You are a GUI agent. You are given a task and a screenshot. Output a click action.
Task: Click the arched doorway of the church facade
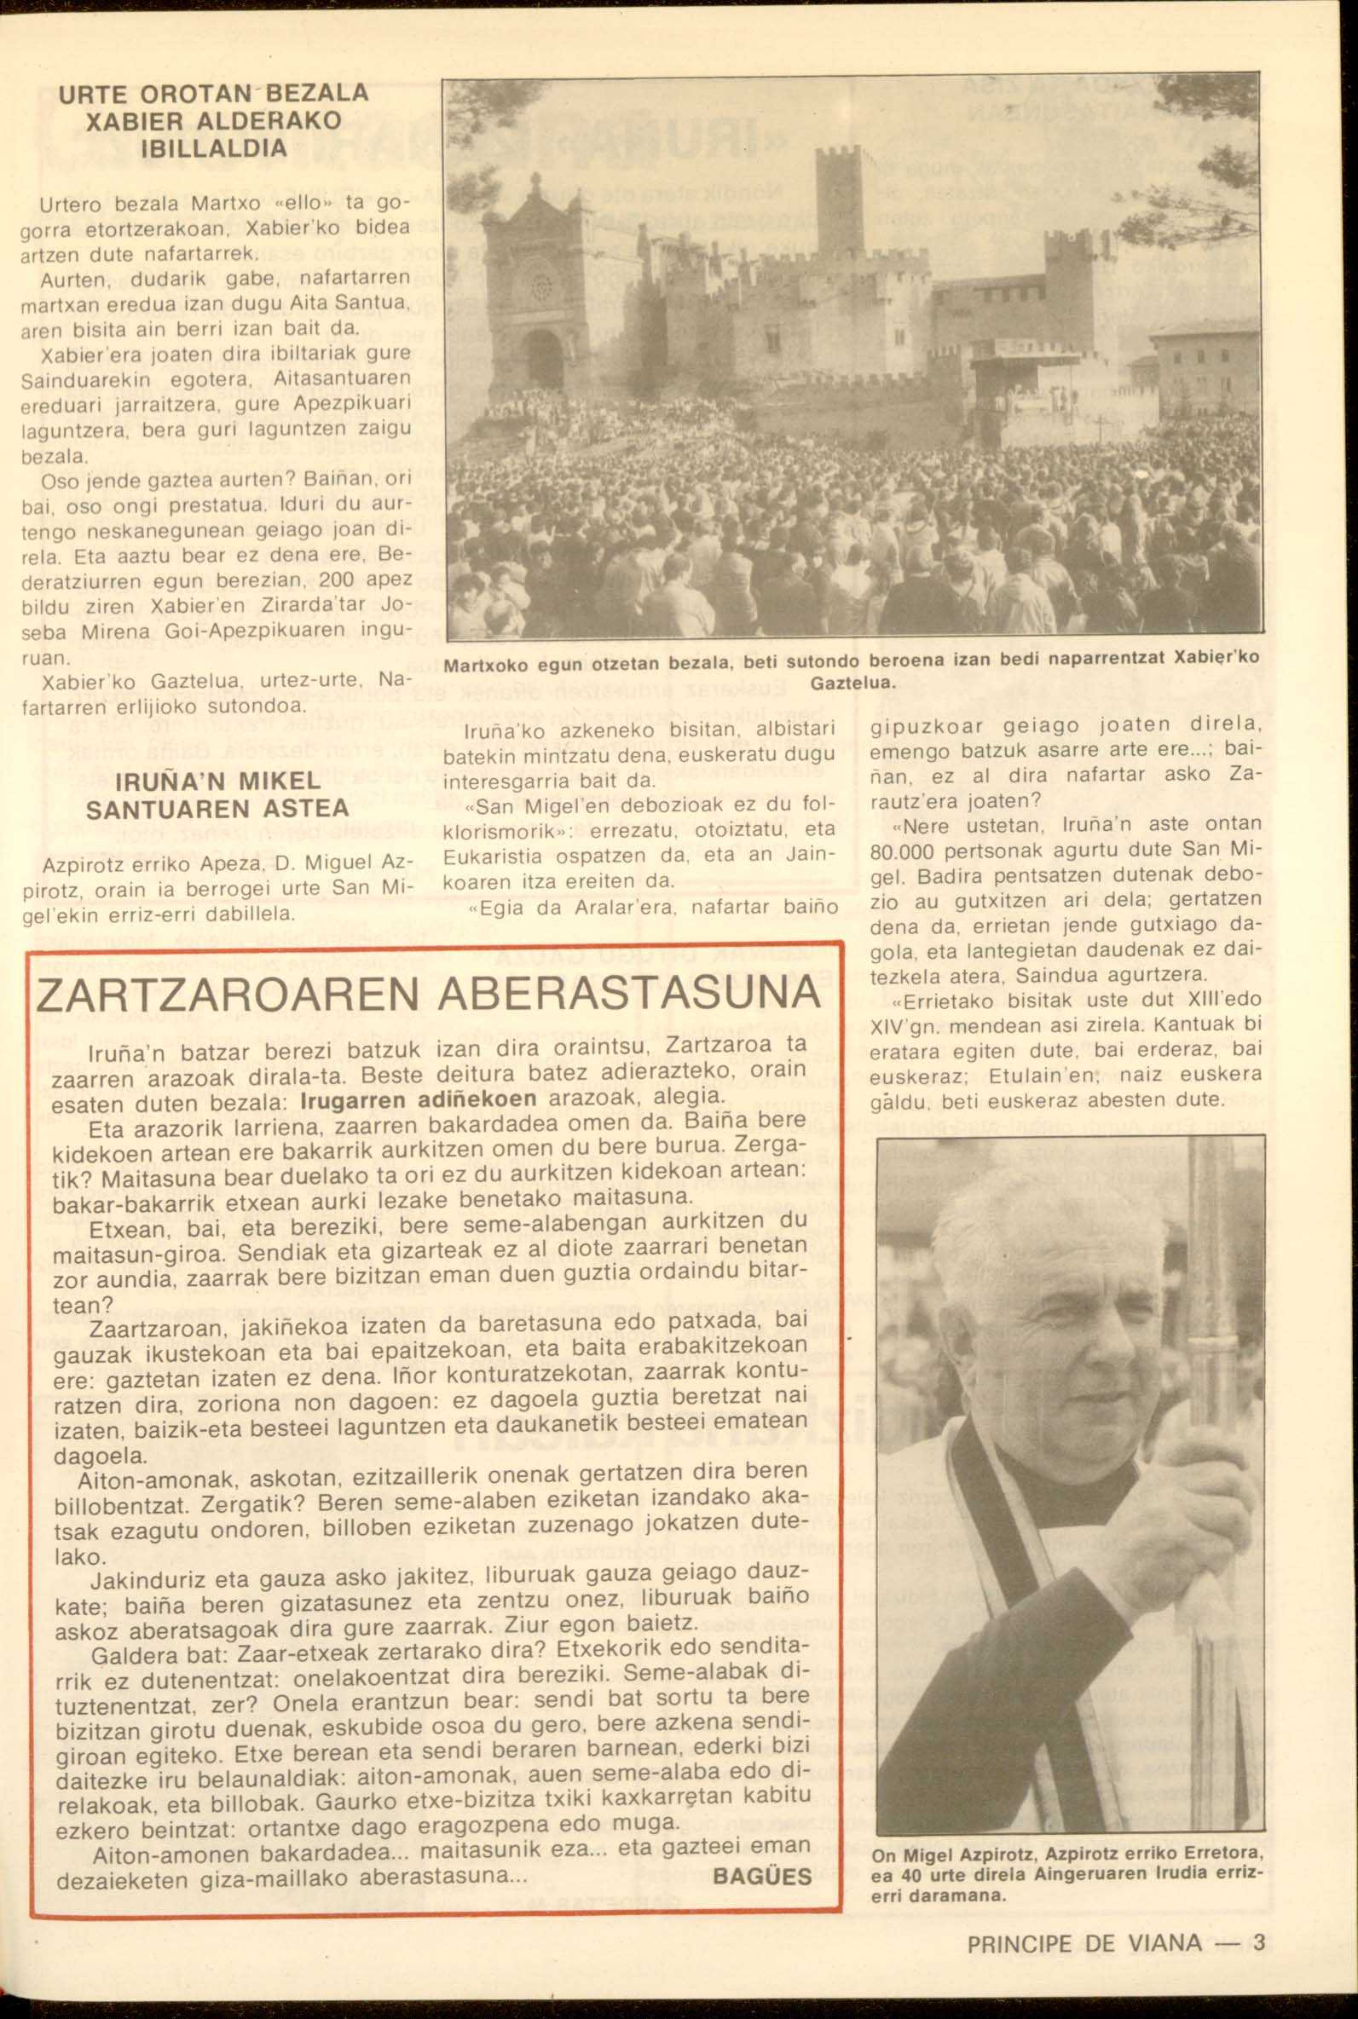543,358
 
